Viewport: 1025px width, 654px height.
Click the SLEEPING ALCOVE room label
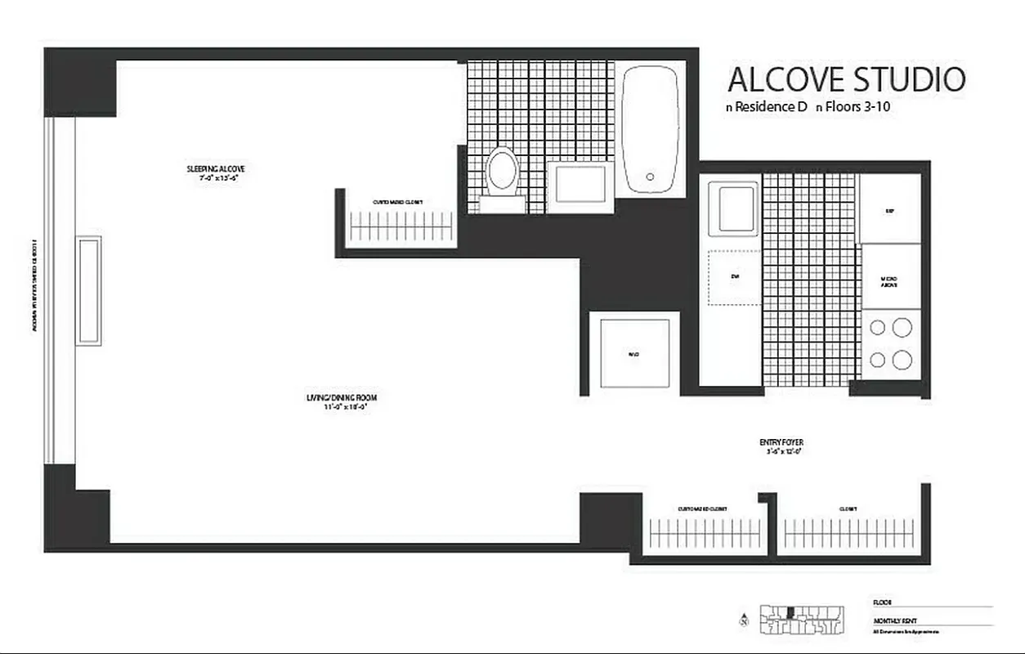[216, 170]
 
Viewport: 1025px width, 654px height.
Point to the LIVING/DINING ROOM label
[341, 398]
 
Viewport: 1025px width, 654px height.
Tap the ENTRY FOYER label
[781, 443]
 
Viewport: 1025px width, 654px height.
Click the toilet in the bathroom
[502, 172]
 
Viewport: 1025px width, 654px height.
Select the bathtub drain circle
[650, 176]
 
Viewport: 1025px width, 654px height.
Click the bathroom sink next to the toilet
[580, 187]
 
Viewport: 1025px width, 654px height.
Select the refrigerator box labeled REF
[890, 210]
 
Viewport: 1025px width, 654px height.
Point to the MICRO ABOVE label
[890, 280]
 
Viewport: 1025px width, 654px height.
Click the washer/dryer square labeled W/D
[633, 354]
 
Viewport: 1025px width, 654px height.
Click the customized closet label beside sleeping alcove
[398, 202]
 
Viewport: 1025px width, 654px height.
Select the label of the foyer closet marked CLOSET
[848, 508]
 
